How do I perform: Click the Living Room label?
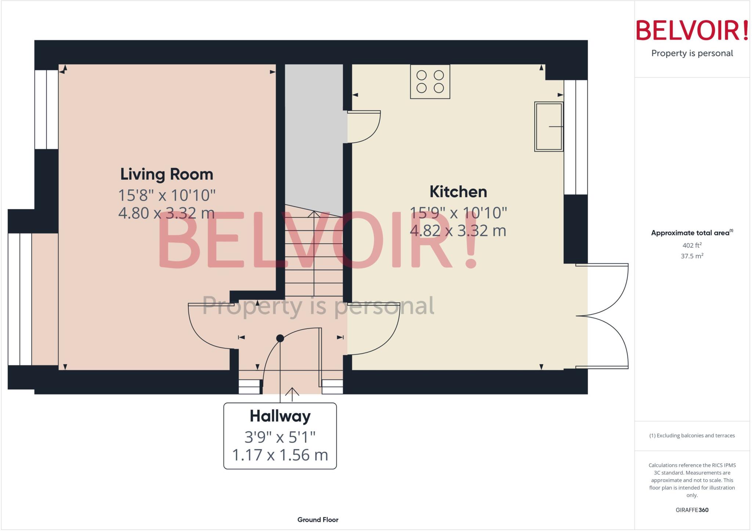(x=167, y=174)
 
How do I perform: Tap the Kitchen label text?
(x=458, y=192)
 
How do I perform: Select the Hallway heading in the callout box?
(x=280, y=416)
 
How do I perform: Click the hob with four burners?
(x=430, y=81)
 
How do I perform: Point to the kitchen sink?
(x=549, y=127)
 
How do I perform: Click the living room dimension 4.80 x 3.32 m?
(x=166, y=213)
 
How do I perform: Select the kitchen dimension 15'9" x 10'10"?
(x=458, y=213)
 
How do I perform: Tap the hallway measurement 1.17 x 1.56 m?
(x=280, y=455)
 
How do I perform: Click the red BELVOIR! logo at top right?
(x=692, y=30)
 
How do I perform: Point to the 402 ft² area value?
(x=692, y=245)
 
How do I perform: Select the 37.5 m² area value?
(x=692, y=256)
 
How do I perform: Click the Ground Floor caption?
(x=318, y=520)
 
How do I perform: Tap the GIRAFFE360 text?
(x=692, y=510)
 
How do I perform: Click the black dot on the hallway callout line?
(x=280, y=338)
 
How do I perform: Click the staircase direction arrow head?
(x=314, y=214)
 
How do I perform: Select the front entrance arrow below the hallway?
(x=292, y=391)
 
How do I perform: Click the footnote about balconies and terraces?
(x=692, y=436)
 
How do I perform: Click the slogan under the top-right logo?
(x=692, y=53)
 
